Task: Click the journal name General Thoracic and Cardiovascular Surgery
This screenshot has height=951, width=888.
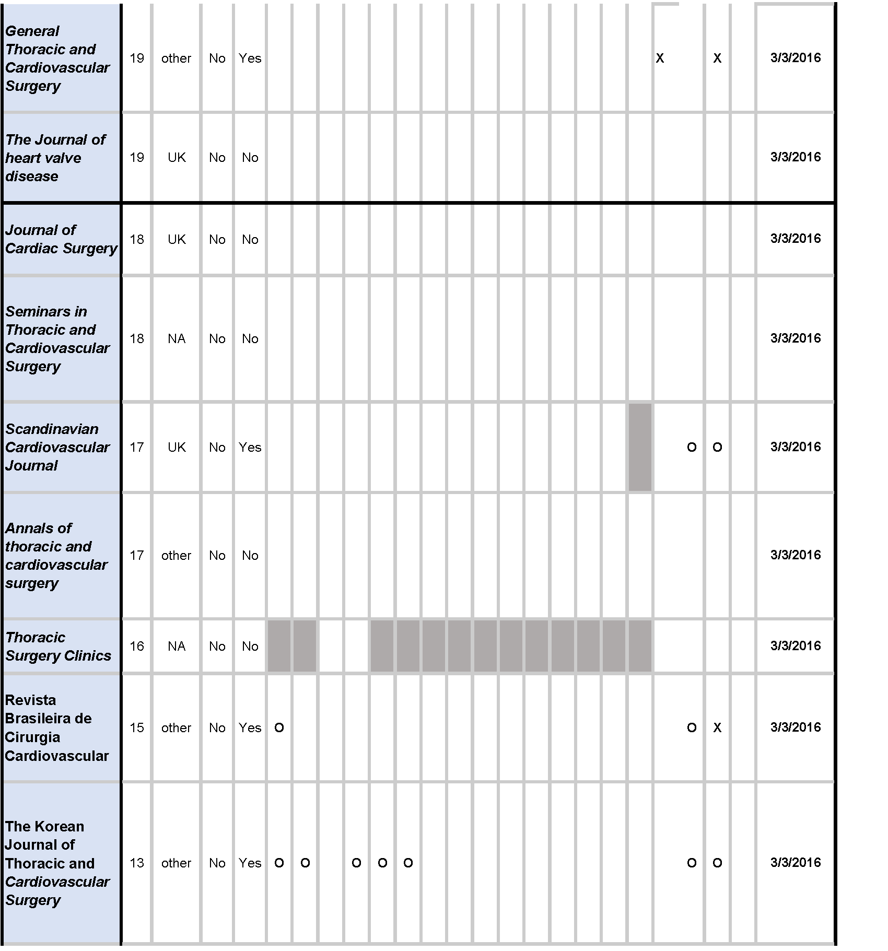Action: (x=57, y=58)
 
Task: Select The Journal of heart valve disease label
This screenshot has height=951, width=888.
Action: (x=55, y=158)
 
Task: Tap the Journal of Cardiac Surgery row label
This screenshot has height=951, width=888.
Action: (x=61, y=239)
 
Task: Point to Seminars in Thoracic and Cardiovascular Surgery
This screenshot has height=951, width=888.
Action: (x=57, y=339)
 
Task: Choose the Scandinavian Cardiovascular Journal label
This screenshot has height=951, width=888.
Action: (x=57, y=447)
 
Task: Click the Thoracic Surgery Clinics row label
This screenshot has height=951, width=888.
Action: (x=58, y=647)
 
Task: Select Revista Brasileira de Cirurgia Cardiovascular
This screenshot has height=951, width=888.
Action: (x=56, y=728)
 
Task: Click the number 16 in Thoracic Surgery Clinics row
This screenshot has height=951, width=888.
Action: (x=137, y=647)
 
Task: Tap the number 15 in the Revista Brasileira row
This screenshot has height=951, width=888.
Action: (x=137, y=728)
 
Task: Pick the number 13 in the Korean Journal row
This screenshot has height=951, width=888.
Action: (x=137, y=863)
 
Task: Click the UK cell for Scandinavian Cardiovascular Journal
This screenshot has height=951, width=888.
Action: (x=177, y=448)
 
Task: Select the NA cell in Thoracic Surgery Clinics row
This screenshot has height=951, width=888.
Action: (x=177, y=647)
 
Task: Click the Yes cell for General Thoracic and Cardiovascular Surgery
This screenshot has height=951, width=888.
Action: (x=250, y=58)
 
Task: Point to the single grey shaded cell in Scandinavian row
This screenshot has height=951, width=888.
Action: (x=640, y=447)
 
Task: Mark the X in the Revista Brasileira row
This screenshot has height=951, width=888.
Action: (x=717, y=728)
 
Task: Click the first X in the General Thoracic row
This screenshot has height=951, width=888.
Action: (x=660, y=58)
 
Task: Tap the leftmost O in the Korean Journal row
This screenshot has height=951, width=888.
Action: (x=279, y=863)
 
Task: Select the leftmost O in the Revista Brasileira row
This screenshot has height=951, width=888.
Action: (x=279, y=728)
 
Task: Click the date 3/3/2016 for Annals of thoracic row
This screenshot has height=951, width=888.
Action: (x=795, y=555)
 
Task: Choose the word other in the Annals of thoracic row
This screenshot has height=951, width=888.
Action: (x=176, y=556)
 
